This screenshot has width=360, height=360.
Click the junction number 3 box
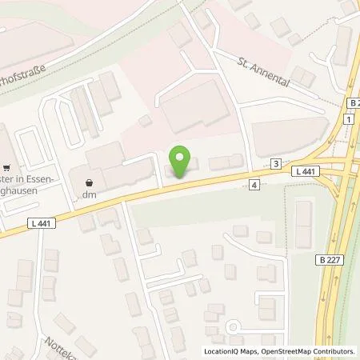coord(275,163)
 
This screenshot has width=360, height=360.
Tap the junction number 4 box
coord(254,185)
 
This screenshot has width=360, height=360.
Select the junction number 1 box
coord(350,119)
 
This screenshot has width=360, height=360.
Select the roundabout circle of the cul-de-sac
coord(234,326)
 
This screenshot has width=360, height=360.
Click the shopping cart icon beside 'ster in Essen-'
coord(7,168)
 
